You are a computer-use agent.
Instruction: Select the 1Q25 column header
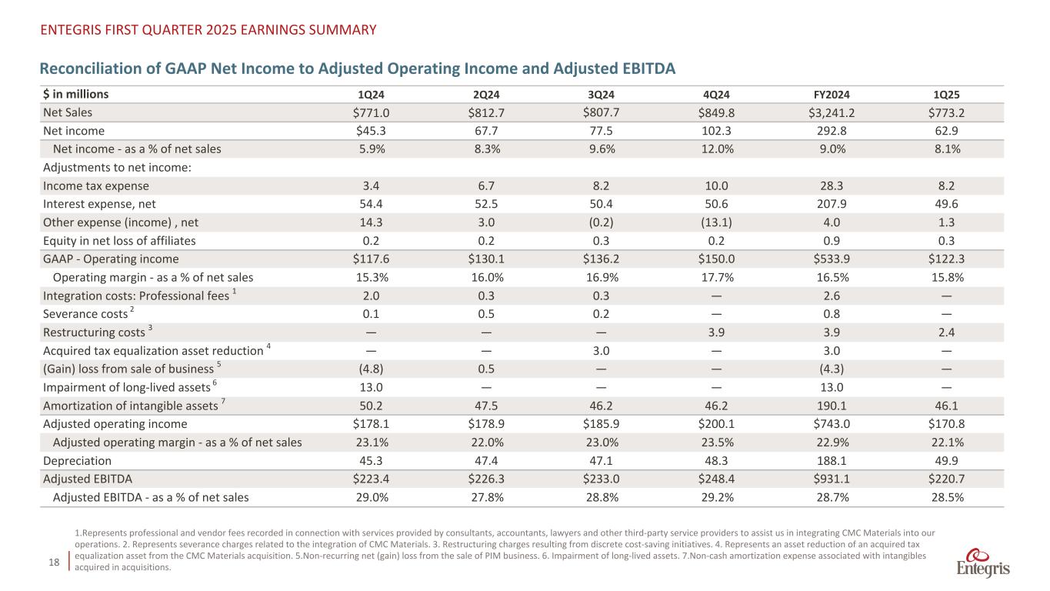945,95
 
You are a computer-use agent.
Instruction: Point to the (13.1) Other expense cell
715,222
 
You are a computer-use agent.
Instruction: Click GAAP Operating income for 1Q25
945,259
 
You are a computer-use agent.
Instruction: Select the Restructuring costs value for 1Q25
945,332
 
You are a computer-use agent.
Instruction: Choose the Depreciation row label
77,461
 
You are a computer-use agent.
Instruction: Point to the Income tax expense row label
96,185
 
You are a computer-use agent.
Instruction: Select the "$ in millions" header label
75,95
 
